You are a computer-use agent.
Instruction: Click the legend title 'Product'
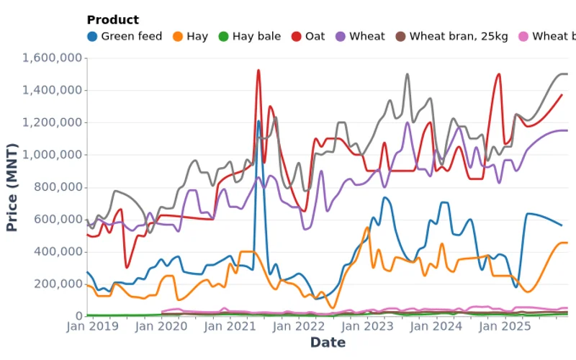(x=112, y=20)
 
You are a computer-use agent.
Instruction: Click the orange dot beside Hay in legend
(x=178, y=36)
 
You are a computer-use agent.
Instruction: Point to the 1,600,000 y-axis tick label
(x=53, y=58)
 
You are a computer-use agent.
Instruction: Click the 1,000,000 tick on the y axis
(x=53, y=155)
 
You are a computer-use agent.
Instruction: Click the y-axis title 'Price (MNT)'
(x=12, y=186)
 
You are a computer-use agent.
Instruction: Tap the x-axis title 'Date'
(x=328, y=343)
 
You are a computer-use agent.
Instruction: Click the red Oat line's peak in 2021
(x=258, y=70)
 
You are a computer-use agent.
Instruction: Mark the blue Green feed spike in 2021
(x=258, y=121)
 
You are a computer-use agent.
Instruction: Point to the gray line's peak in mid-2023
(x=407, y=73)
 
